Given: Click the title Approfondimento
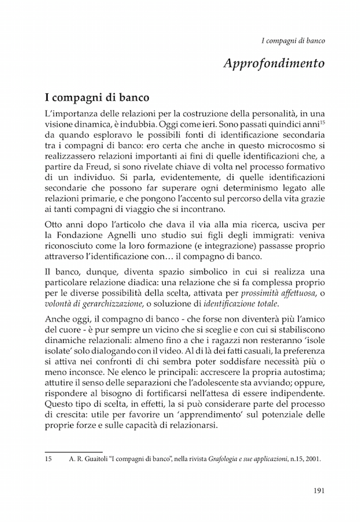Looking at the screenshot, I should (273, 63).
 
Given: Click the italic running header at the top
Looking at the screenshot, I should (293, 41).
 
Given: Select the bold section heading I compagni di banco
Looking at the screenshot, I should (97, 98).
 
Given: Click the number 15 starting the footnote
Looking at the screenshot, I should (48, 459).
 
